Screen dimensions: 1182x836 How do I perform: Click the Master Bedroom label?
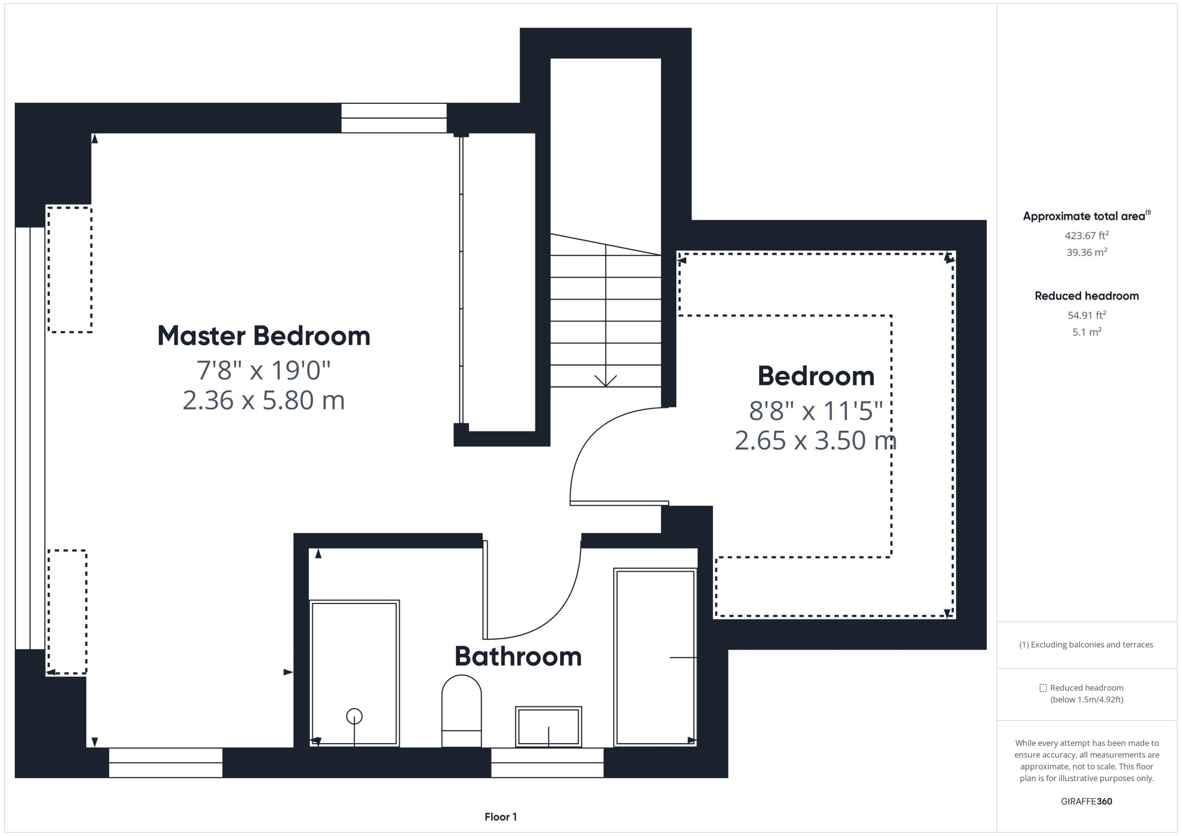[264, 336]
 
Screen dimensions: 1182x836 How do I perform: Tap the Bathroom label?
[518, 656]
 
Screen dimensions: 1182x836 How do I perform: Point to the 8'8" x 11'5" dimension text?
[816, 411]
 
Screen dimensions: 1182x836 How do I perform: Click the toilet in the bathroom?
[461, 711]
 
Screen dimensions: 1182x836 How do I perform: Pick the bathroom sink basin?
[548, 726]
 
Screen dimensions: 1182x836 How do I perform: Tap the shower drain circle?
[354, 716]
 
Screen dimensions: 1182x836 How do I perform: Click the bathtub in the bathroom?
[655, 657]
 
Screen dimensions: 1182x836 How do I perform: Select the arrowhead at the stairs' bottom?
[605, 381]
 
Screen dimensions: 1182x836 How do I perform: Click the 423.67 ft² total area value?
[1087, 235]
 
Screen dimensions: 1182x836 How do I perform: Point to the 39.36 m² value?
[1087, 252]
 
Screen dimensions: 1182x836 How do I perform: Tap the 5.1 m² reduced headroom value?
[1087, 332]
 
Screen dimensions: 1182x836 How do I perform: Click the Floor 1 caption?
[501, 817]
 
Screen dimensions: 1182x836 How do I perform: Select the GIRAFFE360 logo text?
[1086, 801]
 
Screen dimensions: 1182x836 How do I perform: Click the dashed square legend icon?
[1043, 688]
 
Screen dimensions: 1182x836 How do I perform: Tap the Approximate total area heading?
[1086, 216]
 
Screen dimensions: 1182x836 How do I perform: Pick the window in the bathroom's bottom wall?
[547, 763]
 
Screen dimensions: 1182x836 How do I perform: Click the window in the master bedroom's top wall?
[394, 118]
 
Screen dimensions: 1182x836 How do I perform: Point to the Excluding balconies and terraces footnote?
[1086, 644]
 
